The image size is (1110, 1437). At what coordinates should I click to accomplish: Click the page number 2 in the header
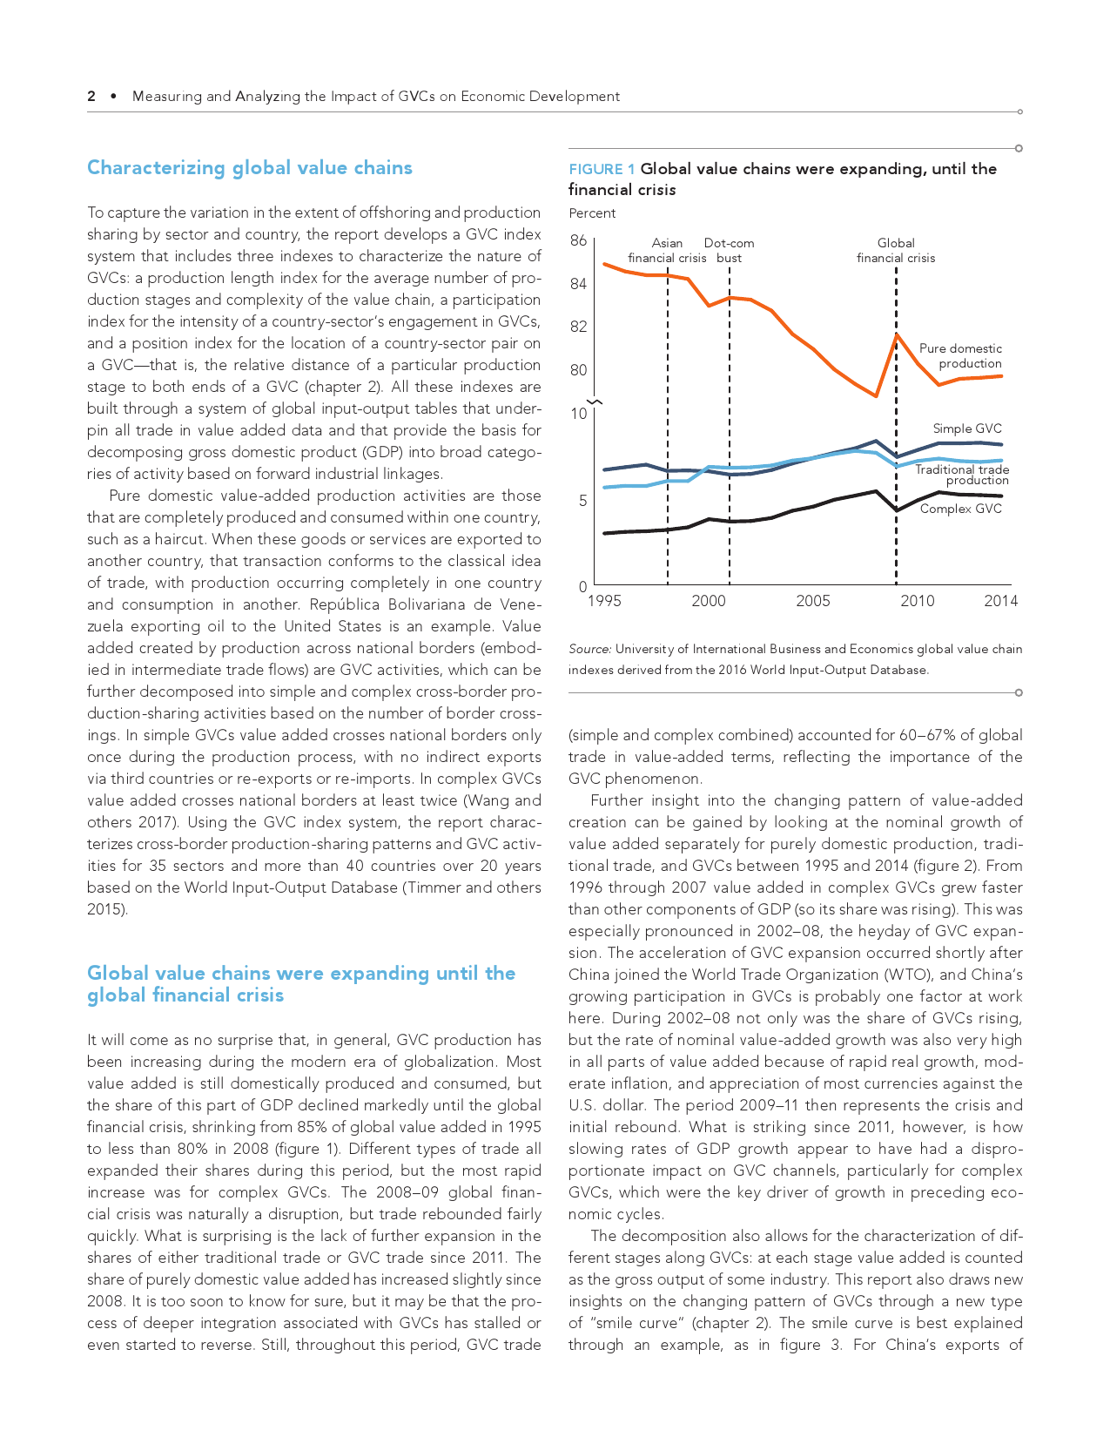point(91,97)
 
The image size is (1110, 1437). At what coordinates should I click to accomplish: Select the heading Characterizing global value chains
point(249,168)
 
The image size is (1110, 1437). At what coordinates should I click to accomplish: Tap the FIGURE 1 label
point(602,169)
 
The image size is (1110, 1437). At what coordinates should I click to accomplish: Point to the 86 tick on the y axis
point(578,240)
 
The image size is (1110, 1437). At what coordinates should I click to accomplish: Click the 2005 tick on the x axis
point(813,601)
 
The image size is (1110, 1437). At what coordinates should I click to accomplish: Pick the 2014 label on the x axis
point(1000,601)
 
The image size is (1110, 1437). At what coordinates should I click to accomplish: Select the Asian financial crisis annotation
point(667,251)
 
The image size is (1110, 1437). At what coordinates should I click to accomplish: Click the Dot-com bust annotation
point(729,251)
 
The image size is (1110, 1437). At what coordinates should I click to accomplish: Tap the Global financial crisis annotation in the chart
point(896,251)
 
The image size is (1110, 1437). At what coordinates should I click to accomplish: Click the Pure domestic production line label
point(960,356)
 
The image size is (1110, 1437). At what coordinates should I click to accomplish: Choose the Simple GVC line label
point(967,428)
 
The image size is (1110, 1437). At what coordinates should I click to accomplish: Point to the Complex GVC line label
point(960,509)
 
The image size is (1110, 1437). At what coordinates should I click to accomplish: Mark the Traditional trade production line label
point(962,475)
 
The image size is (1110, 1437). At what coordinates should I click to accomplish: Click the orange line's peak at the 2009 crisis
point(896,334)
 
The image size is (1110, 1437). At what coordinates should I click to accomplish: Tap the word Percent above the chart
point(592,213)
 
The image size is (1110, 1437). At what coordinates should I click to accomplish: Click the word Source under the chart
point(589,649)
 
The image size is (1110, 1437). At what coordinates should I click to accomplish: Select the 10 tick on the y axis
point(579,414)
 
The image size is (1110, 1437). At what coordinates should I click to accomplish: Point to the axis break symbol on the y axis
point(595,401)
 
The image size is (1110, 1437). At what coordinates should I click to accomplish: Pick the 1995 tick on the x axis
point(604,601)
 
